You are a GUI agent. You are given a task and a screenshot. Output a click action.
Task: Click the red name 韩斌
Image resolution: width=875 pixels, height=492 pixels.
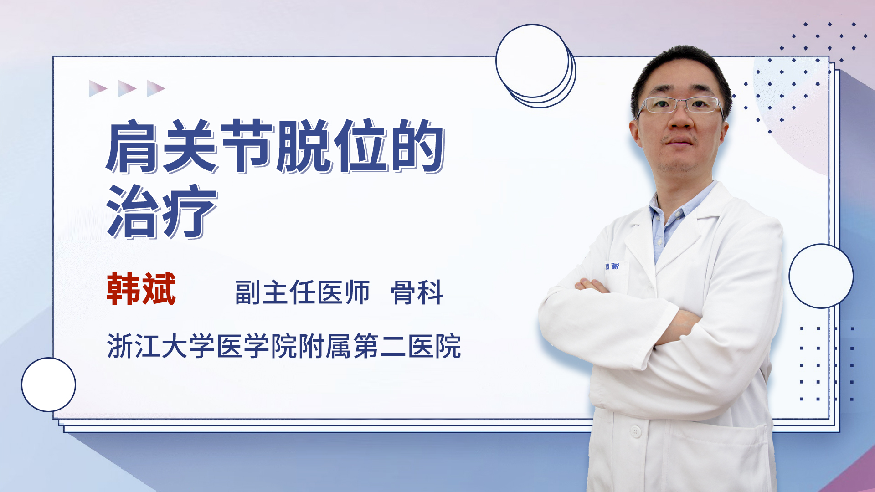click(141, 289)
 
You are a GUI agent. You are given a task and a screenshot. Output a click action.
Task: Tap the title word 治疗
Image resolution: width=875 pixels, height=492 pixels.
click(162, 211)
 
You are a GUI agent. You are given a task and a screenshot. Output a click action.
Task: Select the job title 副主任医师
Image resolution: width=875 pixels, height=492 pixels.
click(302, 292)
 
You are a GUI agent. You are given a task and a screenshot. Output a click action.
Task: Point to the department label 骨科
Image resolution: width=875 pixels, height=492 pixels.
click(417, 292)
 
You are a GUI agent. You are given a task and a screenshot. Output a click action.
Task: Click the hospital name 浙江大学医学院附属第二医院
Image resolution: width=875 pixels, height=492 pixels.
click(284, 346)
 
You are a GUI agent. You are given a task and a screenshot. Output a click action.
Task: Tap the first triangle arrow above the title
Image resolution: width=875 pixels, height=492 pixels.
click(98, 88)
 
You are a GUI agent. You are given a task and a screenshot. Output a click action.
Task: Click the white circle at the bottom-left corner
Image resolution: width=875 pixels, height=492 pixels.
click(48, 385)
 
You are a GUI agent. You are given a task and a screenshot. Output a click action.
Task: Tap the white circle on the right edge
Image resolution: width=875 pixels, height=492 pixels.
click(821, 276)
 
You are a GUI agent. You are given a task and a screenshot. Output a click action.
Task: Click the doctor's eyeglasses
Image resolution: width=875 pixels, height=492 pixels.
click(680, 105)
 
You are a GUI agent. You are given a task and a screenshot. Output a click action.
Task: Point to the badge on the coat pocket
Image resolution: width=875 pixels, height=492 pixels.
click(612, 266)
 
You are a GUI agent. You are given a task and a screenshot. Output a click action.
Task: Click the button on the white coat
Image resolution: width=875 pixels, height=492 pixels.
click(635, 431)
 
